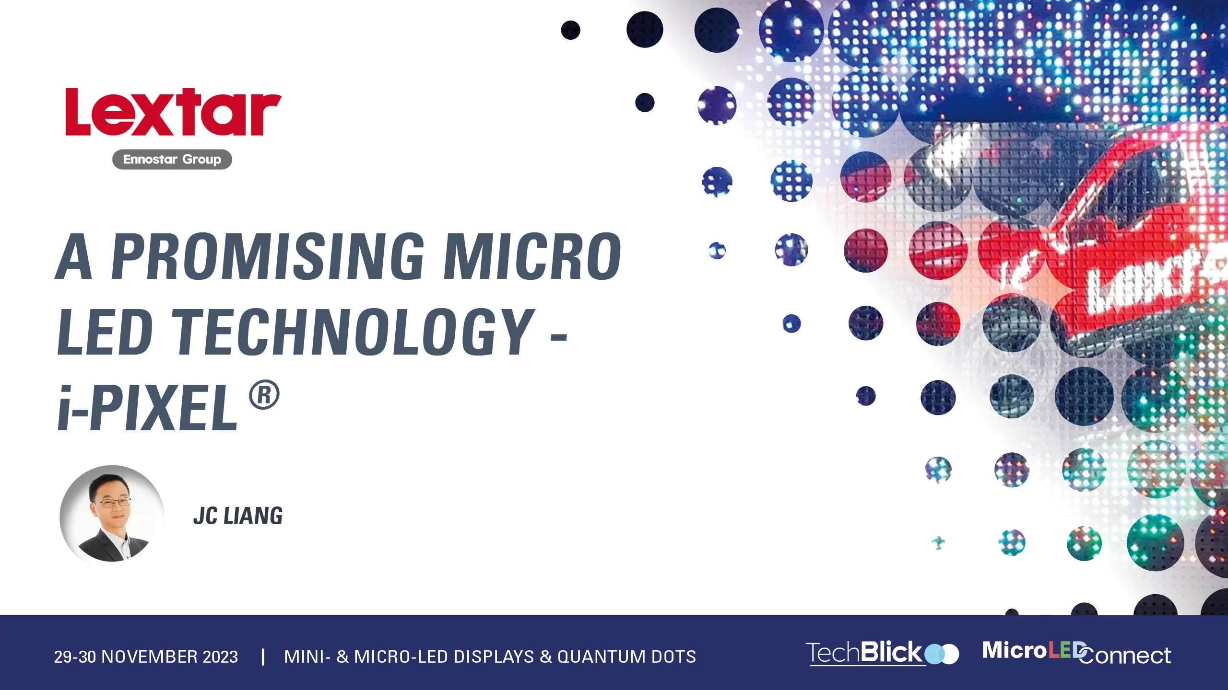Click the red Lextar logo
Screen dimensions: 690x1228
[173, 112]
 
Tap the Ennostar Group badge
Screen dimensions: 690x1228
[172, 159]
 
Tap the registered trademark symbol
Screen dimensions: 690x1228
[264, 395]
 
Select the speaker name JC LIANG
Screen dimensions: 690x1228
[238, 516]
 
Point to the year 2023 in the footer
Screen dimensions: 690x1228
[220, 656]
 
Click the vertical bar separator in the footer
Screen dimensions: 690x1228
[263, 656]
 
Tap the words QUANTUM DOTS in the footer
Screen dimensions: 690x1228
[626, 656]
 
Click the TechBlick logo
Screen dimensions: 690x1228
[882, 653]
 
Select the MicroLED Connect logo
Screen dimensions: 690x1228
[1076, 653]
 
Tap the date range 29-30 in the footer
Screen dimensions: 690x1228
[75, 656]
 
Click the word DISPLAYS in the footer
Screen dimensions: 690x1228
[494, 656]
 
